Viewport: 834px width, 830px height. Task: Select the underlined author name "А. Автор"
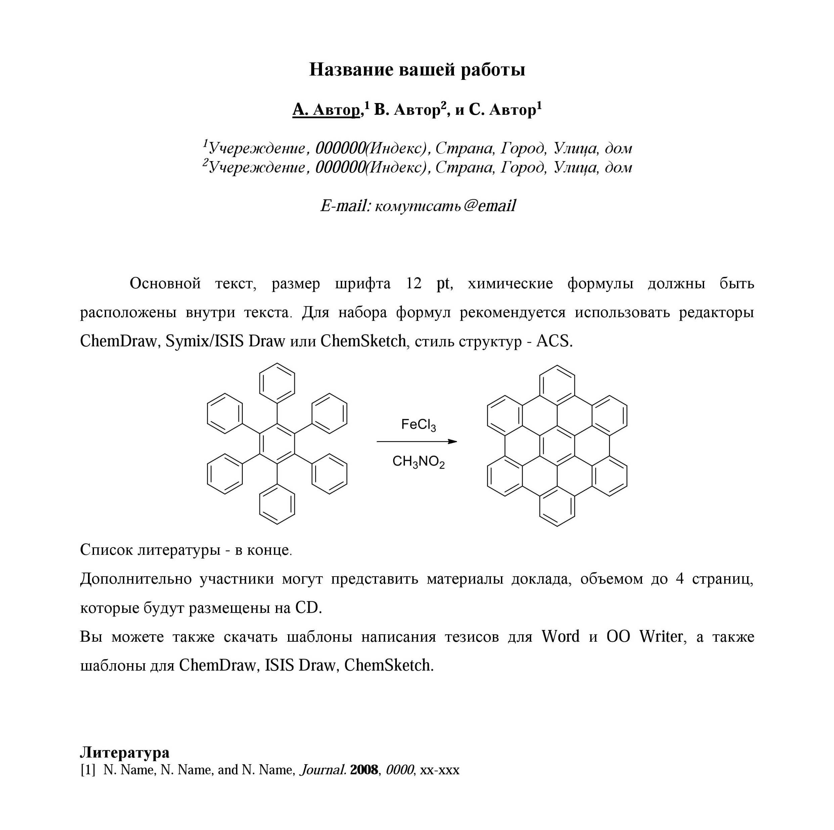coord(326,110)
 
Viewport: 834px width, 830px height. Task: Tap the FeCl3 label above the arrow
coord(418,425)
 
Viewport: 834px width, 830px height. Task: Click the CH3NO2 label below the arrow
coord(418,461)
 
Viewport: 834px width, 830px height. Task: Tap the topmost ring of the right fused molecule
coord(557,385)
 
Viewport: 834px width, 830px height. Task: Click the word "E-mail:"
coord(345,206)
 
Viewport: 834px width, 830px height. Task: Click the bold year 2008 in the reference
coord(364,770)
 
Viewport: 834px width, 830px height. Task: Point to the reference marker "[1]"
coord(88,770)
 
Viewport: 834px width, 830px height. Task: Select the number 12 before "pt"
coord(414,284)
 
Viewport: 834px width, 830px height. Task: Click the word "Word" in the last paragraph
coord(560,636)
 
